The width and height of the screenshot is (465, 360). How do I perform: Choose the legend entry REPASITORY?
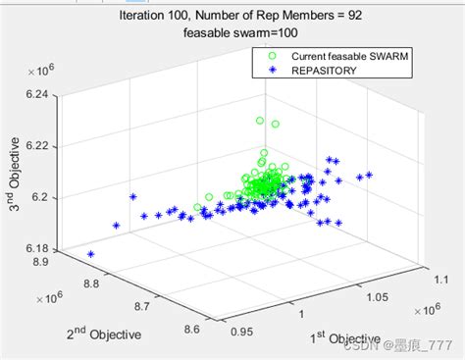[326, 71]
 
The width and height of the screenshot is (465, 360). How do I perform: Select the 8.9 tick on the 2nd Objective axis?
[41, 262]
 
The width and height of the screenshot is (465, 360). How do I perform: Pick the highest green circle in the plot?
[260, 121]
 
